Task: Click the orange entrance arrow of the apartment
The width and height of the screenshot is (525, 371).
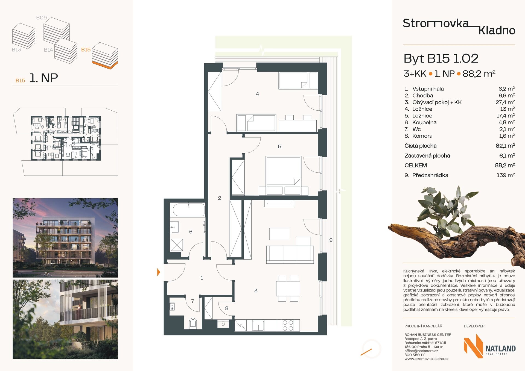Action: pos(159,272)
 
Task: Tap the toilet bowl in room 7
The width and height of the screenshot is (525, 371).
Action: pos(193,323)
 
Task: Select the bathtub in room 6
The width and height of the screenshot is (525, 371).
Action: pos(188,210)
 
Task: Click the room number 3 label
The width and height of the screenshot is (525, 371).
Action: pos(256,290)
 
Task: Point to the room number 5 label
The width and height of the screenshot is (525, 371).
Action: pos(279,146)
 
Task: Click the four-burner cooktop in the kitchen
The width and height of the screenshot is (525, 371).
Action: pos(288,325)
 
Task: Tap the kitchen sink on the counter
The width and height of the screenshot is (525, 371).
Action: pos(258,325)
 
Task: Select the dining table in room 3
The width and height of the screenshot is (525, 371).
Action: pos(288,288)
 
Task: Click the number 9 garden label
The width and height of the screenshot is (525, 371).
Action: pos(331,240)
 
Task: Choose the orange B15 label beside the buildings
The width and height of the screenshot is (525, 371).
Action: pos(86,50)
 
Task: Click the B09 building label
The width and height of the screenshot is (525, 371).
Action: pos(42,18)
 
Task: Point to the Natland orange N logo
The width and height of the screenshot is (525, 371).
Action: pos(473,346)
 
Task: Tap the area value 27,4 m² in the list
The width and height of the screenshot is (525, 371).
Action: pos(505,102)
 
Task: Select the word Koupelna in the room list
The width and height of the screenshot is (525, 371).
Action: pos(424,122)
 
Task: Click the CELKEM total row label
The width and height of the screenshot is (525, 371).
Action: pos(416,165)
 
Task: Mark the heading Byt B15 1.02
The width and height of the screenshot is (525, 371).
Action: pos(441,58)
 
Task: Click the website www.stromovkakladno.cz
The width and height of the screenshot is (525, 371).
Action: pos(426,359)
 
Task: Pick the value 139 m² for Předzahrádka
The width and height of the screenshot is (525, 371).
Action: pos(506,175)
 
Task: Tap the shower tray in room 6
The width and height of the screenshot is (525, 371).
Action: pos(177,245)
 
